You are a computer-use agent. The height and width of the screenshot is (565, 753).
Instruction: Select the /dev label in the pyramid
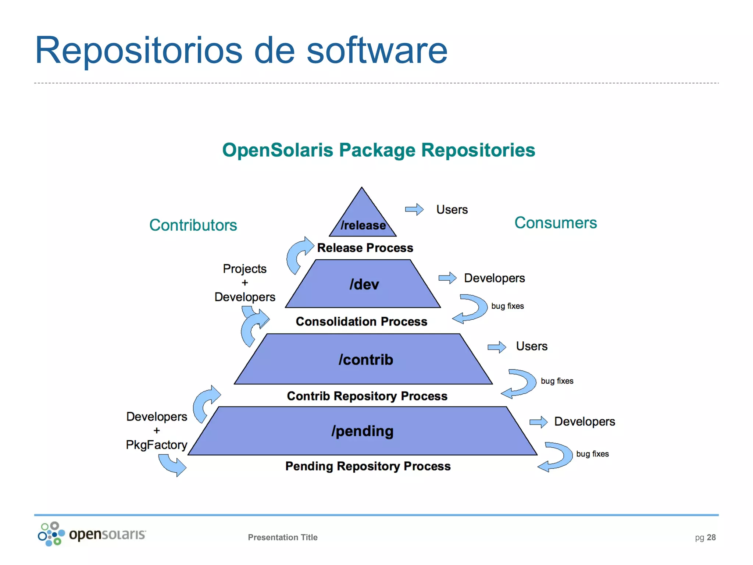[x=364, y=284]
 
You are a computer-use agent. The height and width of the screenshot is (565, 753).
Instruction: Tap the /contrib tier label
[x=366, y=360]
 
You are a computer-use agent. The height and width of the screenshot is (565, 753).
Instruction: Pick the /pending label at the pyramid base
[x=363, y=431]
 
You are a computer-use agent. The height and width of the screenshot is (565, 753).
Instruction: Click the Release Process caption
[x=365, y=248]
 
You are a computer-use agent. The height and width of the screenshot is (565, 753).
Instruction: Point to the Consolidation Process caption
[x=361, y=321]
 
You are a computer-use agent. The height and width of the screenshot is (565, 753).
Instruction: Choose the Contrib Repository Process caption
[x=367, y=396]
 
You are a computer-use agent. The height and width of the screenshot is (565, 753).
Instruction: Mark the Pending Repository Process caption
[x=368, y=466]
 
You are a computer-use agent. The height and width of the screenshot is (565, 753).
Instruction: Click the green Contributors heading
[x=193, y=225]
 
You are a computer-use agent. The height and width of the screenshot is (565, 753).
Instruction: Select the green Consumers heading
[x=556, y=223]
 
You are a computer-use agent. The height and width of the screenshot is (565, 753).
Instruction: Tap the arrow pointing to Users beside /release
[x=414, y=209]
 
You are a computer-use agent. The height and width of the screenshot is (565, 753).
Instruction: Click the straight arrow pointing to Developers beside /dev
[x=447, y=278]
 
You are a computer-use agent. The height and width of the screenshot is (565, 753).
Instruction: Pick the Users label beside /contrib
[x=532, y=346]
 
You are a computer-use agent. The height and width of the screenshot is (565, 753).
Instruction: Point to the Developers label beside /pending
[x=585, y=422]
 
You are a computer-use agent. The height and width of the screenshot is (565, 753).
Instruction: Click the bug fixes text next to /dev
[x=507, y=306]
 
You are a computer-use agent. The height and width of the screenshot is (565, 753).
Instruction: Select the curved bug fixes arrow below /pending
[x=556, y=457]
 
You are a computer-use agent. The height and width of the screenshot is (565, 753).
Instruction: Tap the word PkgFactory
[x=157, y=445]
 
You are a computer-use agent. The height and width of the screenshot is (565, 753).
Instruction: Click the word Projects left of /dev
[x=245, y=269]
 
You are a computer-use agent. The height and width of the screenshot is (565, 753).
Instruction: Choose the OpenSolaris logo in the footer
[x=92, y=534]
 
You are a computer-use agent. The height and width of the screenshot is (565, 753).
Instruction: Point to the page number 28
[x=711, y=537]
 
